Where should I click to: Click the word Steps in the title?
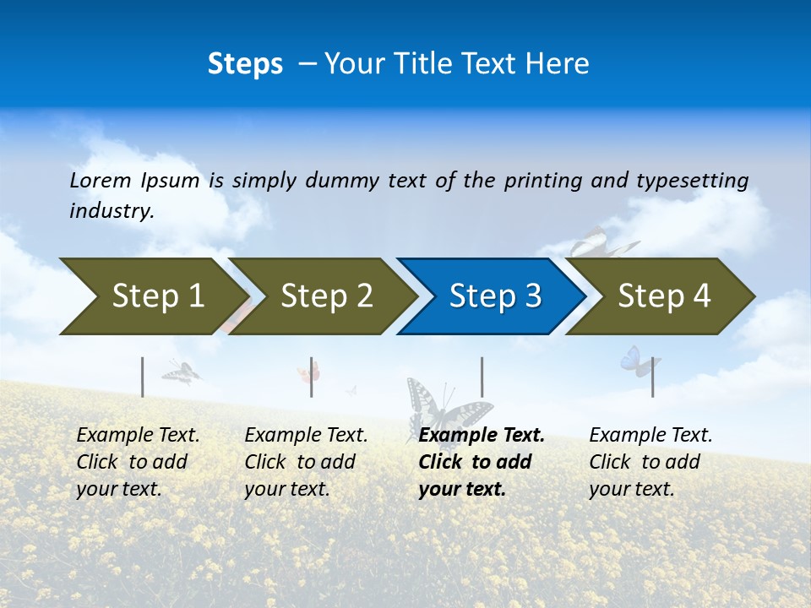point(245,64)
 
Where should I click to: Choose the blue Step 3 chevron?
point(494,296)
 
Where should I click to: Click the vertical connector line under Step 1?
point(143,377)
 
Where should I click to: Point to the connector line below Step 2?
point(312,377)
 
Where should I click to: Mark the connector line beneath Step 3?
point(482,377)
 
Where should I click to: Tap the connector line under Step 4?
point(653,377)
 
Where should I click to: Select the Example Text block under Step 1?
point(138,462)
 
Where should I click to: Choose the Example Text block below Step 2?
point(306,462)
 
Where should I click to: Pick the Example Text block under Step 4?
point(650,462)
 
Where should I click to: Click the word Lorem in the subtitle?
point(101,181)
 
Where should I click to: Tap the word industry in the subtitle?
point(111,211)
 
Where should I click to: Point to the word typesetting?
point(692,181)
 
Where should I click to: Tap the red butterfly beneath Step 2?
point(308,372)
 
